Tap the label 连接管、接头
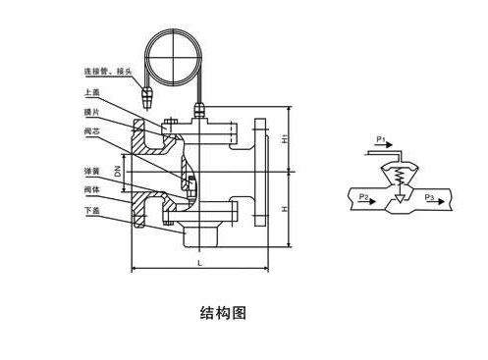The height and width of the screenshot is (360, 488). pos(109,71)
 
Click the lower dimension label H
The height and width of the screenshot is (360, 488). pos(286,209)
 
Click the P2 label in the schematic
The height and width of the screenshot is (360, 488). pos(364,197)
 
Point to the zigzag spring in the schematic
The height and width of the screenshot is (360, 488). pos(398,178)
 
